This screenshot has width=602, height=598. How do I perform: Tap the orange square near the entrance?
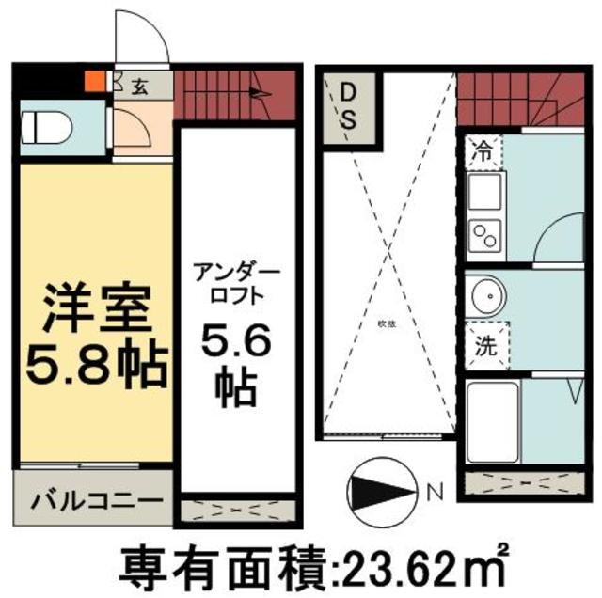pyautogui.click(x=92, y=82)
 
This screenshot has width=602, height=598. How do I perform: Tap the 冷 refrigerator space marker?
pyautogui.click(x=483, y=150)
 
